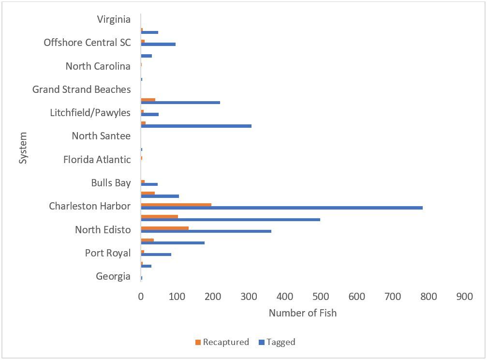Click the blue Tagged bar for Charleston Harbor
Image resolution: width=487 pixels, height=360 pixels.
281,208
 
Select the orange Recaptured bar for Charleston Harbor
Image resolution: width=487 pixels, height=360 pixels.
176,204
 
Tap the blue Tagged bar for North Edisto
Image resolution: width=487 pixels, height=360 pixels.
206,231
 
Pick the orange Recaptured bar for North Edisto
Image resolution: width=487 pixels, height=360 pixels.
164,227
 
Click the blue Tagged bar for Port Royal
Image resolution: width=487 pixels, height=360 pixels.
156,255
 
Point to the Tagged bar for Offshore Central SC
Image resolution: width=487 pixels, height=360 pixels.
158,44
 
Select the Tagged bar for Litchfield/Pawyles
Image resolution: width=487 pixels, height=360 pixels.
149,114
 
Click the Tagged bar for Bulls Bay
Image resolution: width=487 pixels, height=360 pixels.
149,184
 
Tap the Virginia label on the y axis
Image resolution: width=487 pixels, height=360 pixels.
114,20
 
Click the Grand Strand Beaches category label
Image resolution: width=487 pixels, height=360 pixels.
81,90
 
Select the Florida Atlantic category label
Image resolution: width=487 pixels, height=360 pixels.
97,160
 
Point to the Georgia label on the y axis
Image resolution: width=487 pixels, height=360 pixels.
113,277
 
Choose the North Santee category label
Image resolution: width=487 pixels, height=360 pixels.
101,136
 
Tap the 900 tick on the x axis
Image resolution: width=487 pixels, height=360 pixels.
464,297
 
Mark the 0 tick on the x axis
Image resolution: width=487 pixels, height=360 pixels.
141,297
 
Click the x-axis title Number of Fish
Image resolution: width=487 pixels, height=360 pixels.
302,313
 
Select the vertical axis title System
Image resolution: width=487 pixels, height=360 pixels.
23,148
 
